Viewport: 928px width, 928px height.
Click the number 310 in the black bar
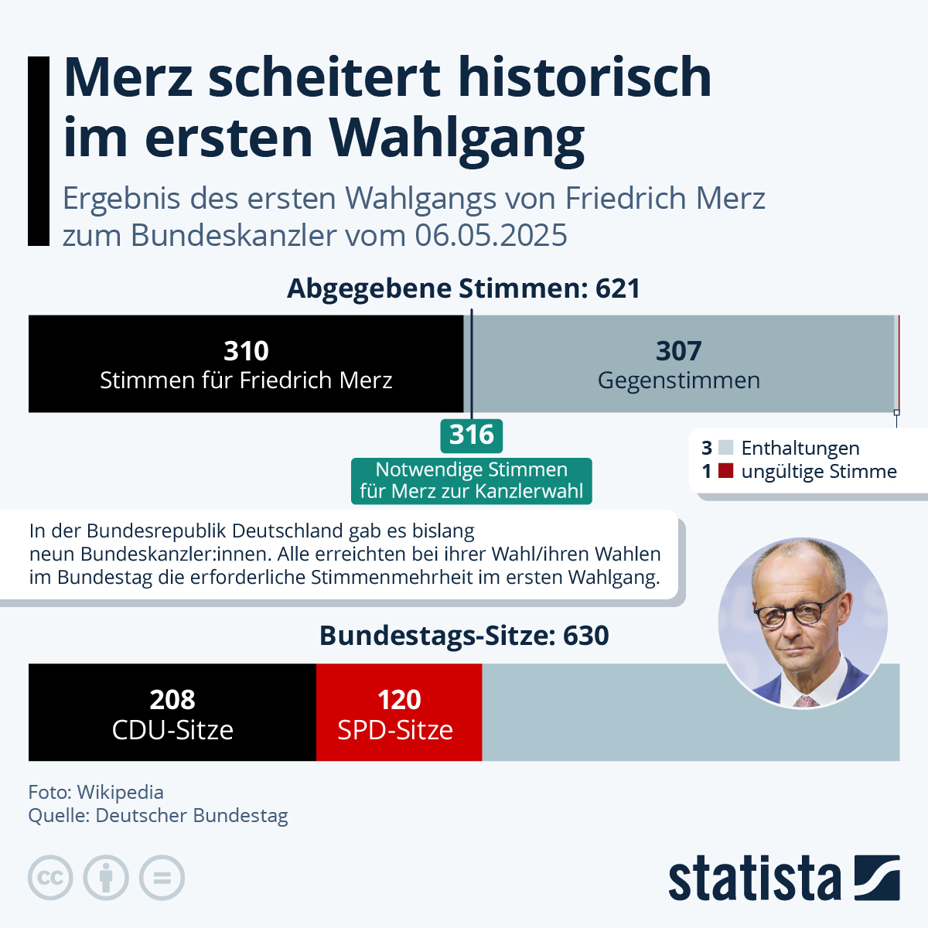[x=246, y=351]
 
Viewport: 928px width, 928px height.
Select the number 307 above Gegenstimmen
[x=678, y=351]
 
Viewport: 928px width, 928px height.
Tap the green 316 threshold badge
[x=472, y=435]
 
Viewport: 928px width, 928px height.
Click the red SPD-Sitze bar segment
[x=399, y=712]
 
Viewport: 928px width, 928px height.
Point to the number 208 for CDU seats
[x=172, y=700]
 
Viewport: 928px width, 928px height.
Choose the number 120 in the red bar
[x=399, y=700]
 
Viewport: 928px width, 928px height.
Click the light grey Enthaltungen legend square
[x=725, y=448]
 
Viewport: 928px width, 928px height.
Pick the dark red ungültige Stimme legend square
[x=725, y=471]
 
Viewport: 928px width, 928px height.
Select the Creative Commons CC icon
[x=50, y=879]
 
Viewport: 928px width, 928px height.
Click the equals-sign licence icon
[x=162, y=879]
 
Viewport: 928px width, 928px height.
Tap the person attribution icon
[x=106, y=879]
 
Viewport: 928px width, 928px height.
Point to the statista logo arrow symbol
[x=877, y=878]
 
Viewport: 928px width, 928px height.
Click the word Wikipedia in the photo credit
[x=121, y=792]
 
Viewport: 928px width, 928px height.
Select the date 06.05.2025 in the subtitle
[x=491, y=235]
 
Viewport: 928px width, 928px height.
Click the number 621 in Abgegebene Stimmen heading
[x=618, y=288]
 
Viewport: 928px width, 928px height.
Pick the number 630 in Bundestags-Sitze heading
[x=586, y=636]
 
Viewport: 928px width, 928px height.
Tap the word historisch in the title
[x=585, y=77]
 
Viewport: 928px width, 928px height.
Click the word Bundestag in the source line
[x=240, y=816]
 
